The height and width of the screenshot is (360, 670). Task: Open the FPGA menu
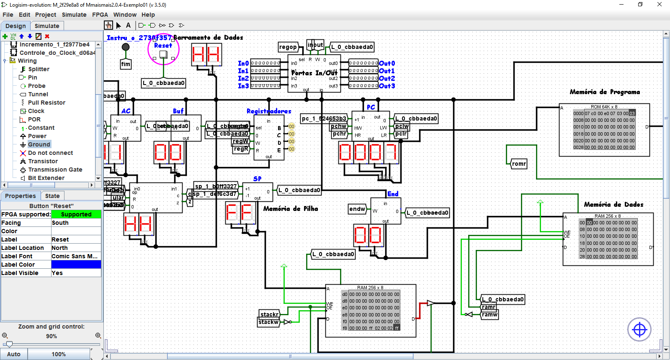point(100,15)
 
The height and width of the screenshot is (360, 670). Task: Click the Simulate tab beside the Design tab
point(47,26)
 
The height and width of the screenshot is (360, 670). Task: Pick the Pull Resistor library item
point(46,103)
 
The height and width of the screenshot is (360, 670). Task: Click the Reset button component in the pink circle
point(163,54)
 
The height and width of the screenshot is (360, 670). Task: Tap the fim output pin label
point(126,64)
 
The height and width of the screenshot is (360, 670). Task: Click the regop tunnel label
point(288,47)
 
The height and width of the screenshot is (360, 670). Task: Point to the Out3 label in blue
point(387,86)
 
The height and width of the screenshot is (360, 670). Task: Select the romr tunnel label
point(518,164)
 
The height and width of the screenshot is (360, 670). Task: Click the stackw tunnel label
point(268,322)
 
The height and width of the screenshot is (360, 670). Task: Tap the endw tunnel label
point(357,209)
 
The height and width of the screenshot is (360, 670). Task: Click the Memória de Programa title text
point(605,92)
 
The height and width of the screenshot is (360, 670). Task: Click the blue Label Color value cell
point(76,265)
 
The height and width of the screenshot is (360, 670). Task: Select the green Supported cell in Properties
point(76,214)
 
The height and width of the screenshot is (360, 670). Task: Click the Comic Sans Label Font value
point(76,256)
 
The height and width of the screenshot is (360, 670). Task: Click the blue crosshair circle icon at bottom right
point(639,330)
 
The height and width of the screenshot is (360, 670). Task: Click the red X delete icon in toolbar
point(47,36)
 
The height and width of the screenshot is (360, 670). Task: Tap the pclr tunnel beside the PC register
point(401,134)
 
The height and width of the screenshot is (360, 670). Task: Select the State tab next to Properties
point(52,196)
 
